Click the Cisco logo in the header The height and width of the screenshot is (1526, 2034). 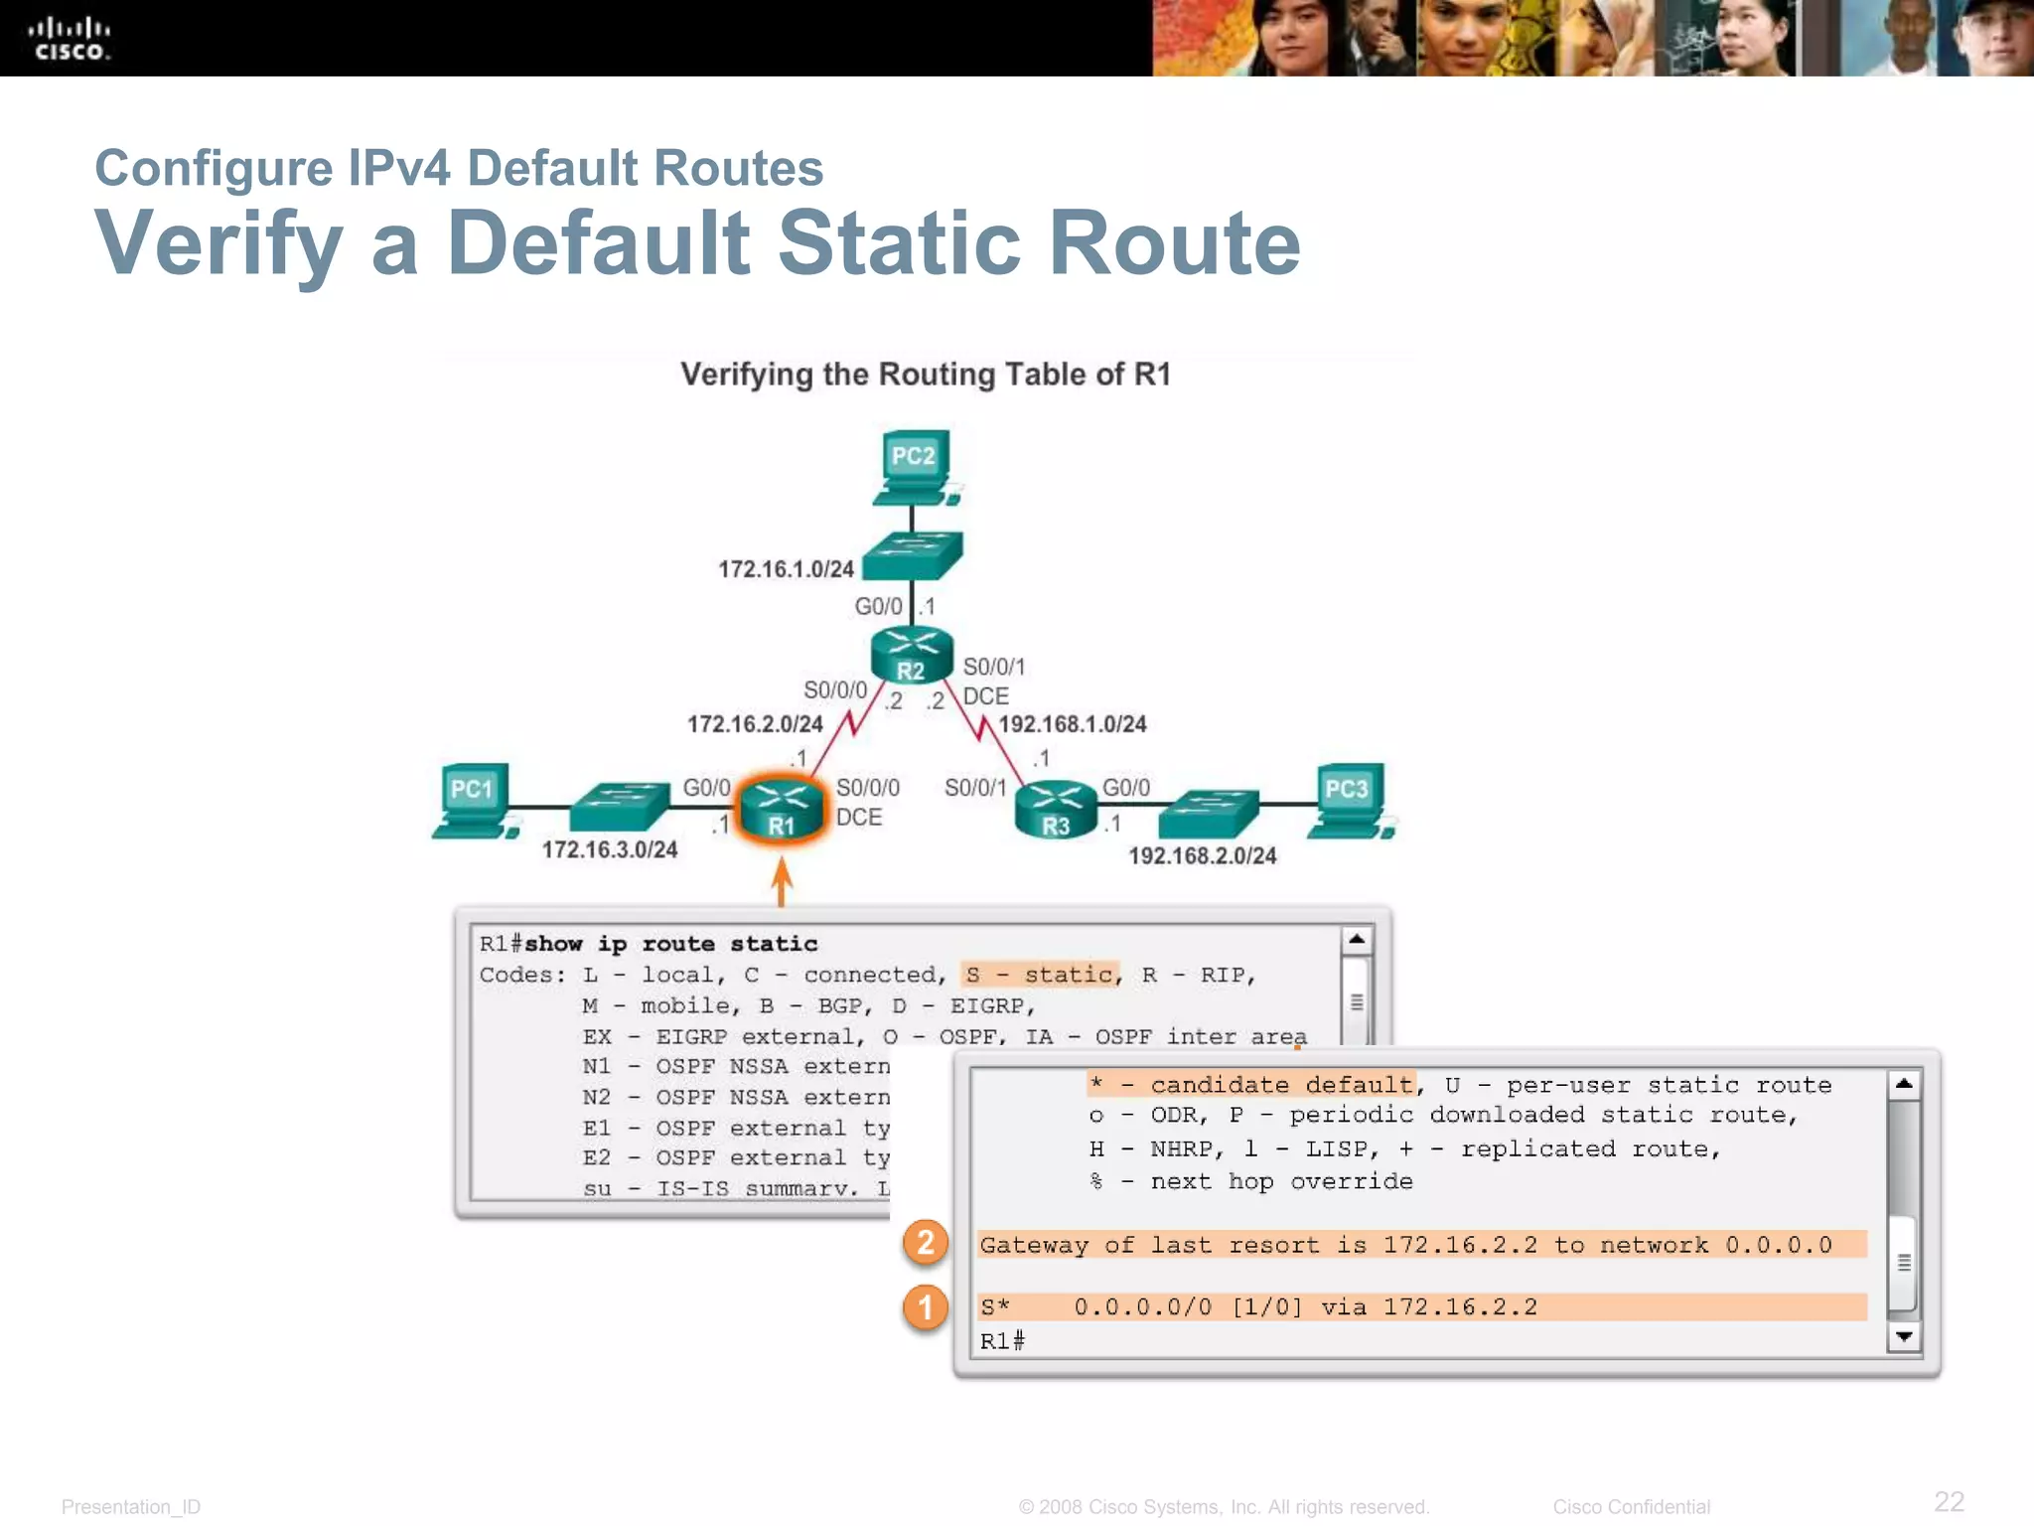click(x=70, y=39)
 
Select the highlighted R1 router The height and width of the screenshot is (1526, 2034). click(x=783, y=808)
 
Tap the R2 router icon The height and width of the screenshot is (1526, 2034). click(x=912, y=656)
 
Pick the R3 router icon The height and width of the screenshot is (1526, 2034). click(x=1057, y=810)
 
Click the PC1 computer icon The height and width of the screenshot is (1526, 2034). click(x=474, y=801)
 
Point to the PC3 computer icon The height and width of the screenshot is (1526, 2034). click(x=1349, y=801)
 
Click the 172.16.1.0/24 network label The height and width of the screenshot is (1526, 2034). click(x=786, y=569)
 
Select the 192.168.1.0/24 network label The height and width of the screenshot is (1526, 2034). click(x=1073, y=724)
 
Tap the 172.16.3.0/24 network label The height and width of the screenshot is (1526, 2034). click(x=610, y=850)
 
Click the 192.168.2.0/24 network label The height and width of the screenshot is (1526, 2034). click(x=1203, y=856)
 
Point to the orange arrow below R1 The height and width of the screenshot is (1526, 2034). click(x=782, y=881)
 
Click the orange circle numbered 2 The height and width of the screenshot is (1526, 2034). click(x=926, y=1243)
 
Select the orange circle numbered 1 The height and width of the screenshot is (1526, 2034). click(x=926, y=1307)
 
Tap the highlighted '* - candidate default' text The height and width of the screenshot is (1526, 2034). click(x=1251, y=1085)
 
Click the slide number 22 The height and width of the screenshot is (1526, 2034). click(x=1949, y=1501)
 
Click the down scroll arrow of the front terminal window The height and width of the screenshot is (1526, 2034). click(x=1904, y=1337)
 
